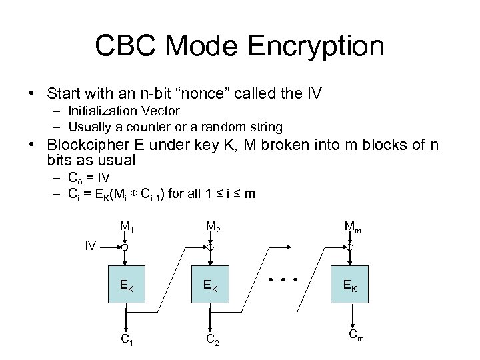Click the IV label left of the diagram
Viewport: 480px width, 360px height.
91,247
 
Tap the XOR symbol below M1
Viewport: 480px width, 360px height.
125,247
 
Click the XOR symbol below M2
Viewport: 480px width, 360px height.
209,247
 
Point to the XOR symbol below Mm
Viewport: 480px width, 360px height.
350,247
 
